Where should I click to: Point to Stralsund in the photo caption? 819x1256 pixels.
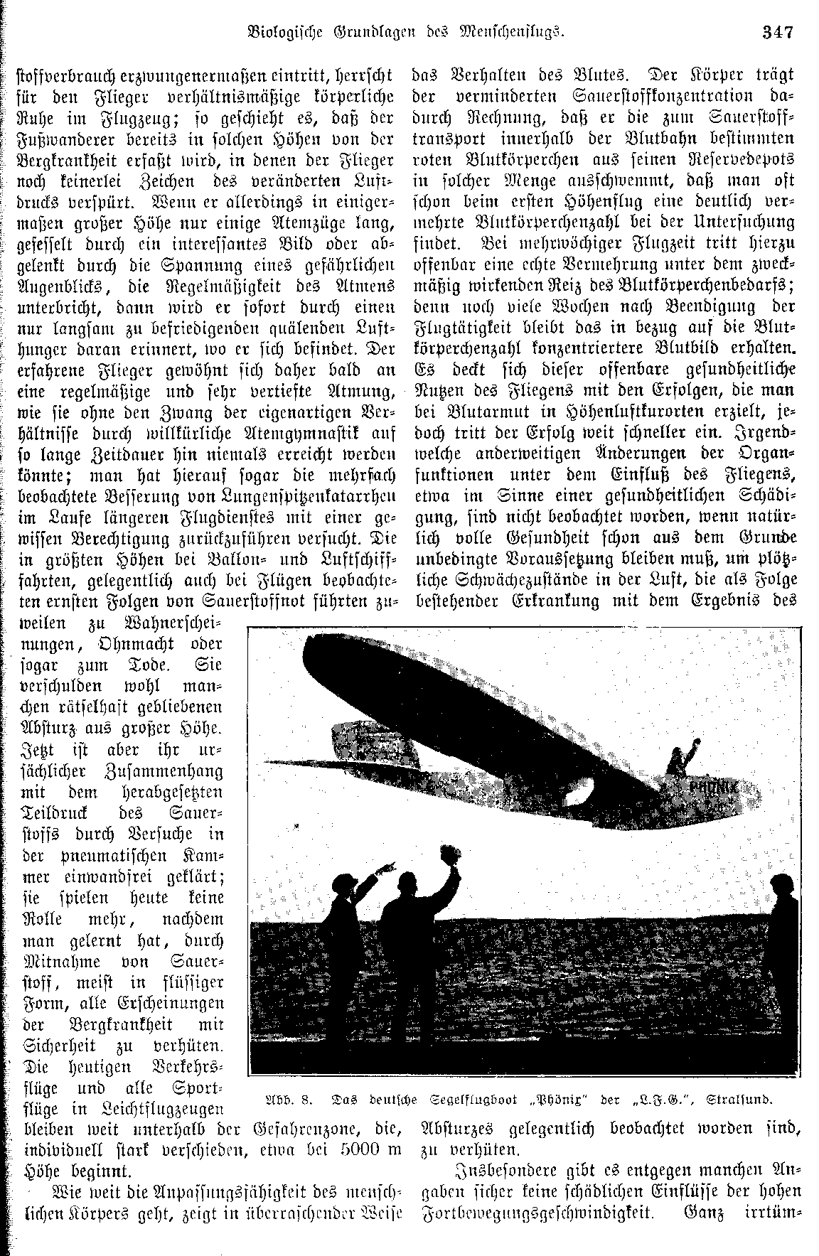pyautogui.click(x=740, y=1100)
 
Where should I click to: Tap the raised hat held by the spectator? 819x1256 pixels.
pyautogui.click(x=430, y=857)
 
